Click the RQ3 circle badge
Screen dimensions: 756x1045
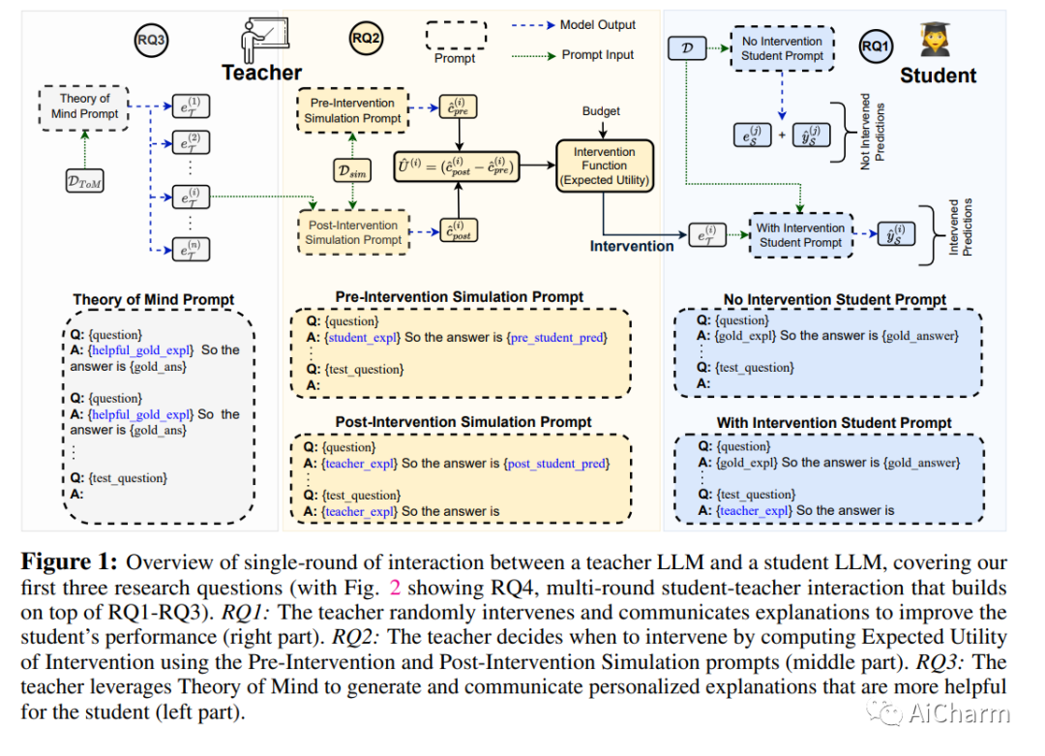(x=151, y=40)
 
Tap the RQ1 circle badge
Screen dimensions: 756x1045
(x=877, y=45)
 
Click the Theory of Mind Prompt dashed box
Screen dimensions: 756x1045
(x=85, y=106)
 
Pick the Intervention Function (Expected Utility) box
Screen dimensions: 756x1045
(x=605, y=166)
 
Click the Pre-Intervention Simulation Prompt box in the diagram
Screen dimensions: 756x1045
(x=352, y=110)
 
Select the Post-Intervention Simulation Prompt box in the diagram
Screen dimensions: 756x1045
(x=352, y=232)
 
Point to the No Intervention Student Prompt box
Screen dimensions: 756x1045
(x=782, y=48)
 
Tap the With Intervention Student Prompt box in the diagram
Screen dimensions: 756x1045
(x=801, y=235)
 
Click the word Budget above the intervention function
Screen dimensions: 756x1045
(x=601, y=111)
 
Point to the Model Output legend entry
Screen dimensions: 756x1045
(x=597, y=25)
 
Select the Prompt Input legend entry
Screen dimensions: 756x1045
(x=597, y=55)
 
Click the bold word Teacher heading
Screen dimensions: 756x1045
(x=261, y=73)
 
